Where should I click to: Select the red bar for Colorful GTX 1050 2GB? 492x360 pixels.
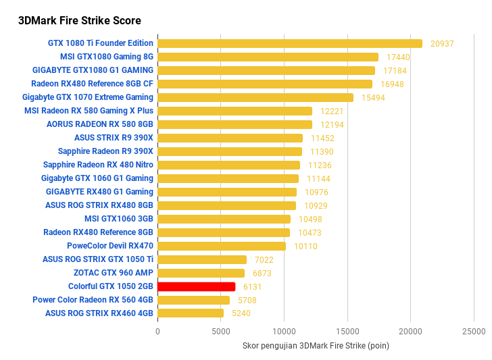196,286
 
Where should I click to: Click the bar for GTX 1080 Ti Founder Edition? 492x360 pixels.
289,43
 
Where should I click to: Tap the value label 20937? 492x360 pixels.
442,43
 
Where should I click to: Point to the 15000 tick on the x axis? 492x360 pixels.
347,332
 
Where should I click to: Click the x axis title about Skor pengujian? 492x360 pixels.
316,346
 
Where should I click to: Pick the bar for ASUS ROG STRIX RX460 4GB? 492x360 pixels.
190,313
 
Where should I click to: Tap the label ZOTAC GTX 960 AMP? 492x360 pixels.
114,273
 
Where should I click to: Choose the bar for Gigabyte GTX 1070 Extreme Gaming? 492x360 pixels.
255,97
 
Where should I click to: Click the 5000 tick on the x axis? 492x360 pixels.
221,332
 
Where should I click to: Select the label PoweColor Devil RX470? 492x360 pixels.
110,246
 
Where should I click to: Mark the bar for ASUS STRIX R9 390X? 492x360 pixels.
230,138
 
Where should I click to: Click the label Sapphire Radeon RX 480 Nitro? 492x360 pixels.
98,165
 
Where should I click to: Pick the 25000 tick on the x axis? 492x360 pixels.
474,332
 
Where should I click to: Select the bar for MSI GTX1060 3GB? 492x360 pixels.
224,219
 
